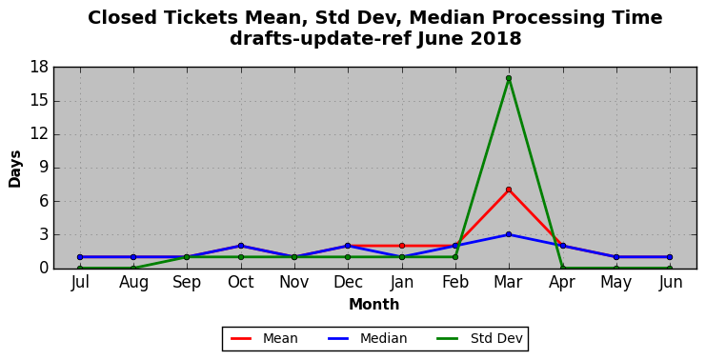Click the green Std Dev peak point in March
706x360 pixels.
tap(509, 78)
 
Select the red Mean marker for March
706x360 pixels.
tap(509, 190)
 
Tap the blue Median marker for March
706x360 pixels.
tap(509, 234)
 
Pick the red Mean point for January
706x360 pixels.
tap(402, 246)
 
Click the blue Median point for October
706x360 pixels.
tap(241, 246)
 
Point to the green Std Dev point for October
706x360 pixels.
tap(241, 257)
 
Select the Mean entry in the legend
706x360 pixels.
tap(264, 338)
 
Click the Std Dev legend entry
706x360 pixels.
tap(479, 338)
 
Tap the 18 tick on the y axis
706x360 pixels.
tap(39, 68)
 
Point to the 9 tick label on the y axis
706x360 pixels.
tap(44, 168)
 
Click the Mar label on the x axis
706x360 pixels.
tap(509, 282)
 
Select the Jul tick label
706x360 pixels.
tap(80, 282)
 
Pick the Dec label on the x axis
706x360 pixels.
tap(348, 282)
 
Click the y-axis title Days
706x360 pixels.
tap(15, 169)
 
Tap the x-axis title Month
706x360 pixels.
tap(374, 305)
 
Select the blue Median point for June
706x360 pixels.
tap(670, 257)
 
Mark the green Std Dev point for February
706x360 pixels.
tap(455, 257)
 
